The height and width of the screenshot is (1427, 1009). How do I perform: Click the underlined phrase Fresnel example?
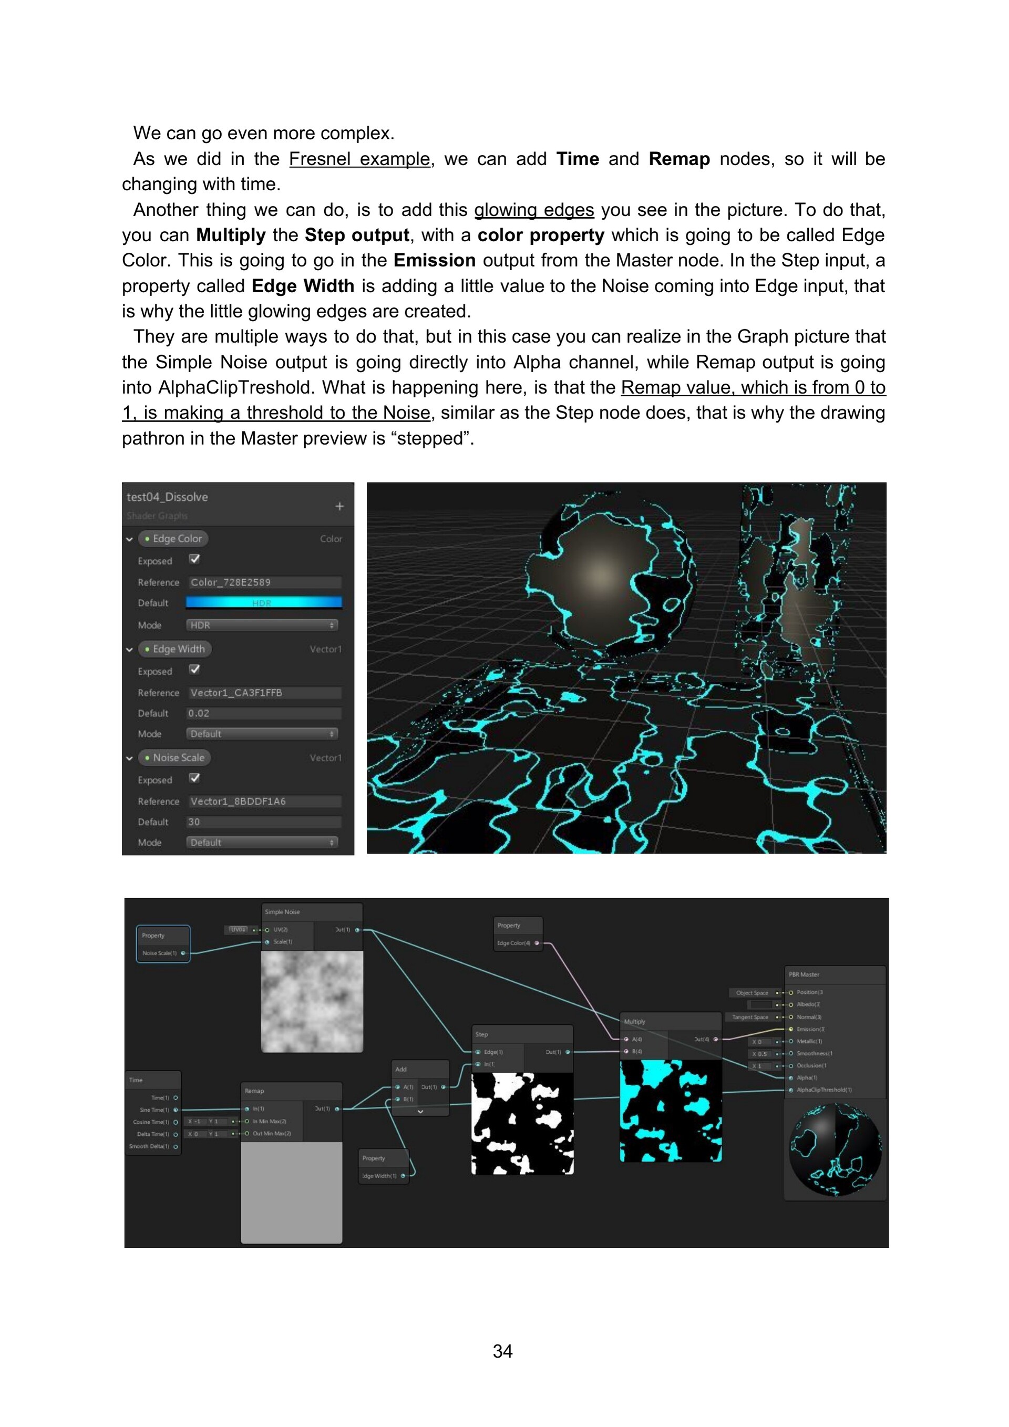tap(359, 159)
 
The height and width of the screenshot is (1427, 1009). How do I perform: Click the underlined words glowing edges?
tap(534, 210)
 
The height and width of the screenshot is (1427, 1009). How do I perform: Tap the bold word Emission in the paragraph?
tap(434, 260)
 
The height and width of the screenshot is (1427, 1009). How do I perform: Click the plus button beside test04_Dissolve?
tap(339, 507)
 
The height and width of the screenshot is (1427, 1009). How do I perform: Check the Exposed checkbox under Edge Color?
tap(194, 559)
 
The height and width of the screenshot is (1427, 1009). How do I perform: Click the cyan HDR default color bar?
tap(264, 602)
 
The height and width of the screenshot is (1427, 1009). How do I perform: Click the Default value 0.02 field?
tap(264, 714)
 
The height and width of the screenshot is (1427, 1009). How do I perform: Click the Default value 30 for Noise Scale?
tap(264, 822)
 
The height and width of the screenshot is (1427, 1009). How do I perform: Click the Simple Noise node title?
tap(283, 912)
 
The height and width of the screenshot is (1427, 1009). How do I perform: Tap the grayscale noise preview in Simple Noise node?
tap(312, 1001)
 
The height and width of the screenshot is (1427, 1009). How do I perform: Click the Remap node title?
tap(255, 1091)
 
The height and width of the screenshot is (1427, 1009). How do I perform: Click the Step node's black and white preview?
tap(522, 1123)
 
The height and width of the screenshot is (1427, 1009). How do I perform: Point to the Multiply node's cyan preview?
tap(671, 1111)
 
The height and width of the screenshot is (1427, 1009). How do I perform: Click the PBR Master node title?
tap(804, 974)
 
